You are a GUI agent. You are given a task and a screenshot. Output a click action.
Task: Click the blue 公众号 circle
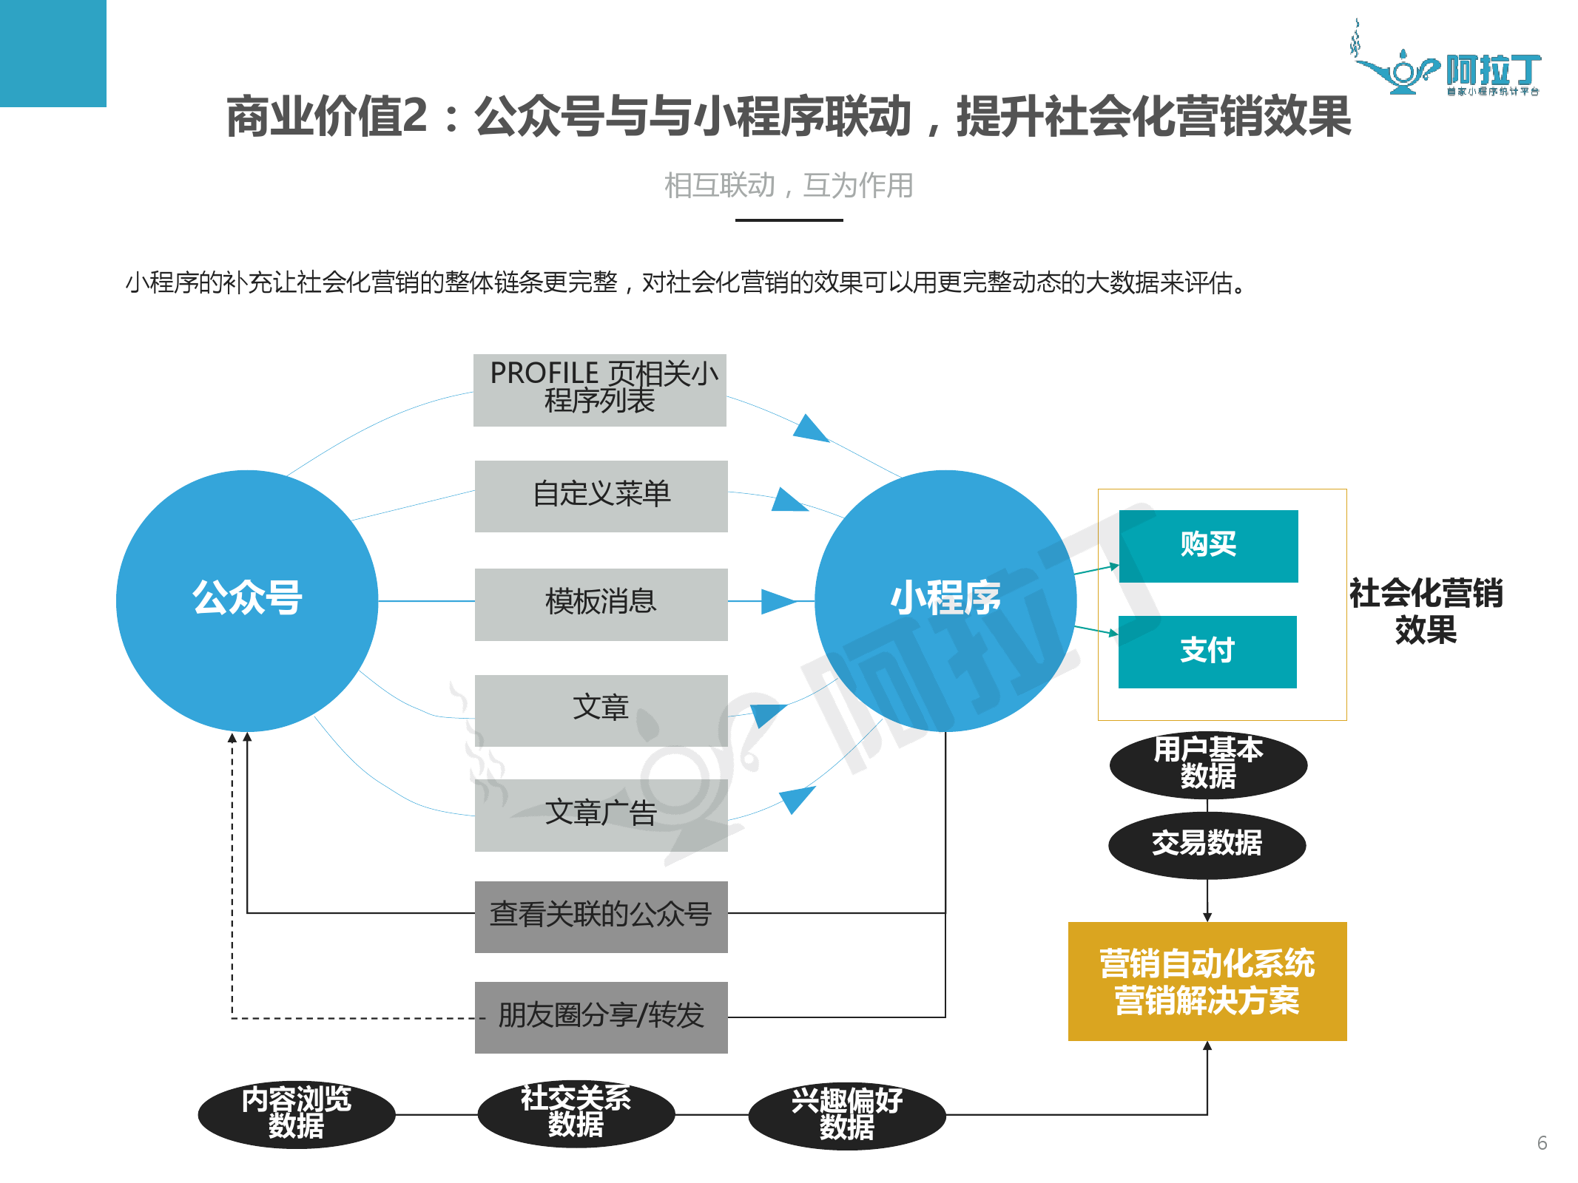click(246, 600)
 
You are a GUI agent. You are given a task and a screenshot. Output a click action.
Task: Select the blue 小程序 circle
click(945, 600)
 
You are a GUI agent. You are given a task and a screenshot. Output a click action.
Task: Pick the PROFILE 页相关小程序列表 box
click(599, 390)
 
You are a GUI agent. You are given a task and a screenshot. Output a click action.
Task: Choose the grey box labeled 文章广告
click(601, 814)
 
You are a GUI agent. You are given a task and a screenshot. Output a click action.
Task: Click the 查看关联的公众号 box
click(601, 916)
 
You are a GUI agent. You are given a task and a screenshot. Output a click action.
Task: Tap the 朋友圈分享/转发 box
click(601, 1017)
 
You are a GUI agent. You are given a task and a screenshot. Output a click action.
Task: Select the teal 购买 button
click(1207, 546)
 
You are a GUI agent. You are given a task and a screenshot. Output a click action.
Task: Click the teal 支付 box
click(1207, 651)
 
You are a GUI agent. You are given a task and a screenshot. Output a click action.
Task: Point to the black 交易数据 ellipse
click(1207, 844)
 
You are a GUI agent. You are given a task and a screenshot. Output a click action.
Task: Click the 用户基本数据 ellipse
click(1207, 764)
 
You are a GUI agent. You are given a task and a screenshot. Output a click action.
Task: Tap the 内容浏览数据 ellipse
click(296, 1113)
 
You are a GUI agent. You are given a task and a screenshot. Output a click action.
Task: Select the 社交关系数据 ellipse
click(576, 1112)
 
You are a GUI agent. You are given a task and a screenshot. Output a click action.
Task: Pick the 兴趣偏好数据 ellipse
click(846, 1115)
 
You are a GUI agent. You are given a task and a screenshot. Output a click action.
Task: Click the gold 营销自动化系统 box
click(1207, 981)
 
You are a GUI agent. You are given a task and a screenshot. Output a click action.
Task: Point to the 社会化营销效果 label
click(1425, 611)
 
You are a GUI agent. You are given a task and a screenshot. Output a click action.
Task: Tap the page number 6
click(1542, 1143)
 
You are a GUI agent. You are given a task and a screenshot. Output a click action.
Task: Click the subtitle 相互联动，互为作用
click(788, 186)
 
